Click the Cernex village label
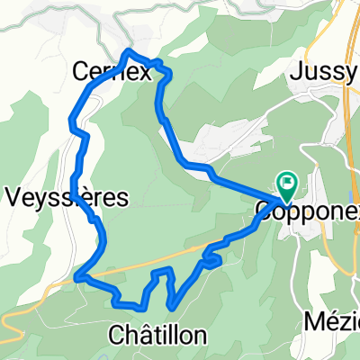click(x=112, y=72)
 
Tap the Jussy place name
click(x=320, y=75)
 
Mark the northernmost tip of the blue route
click(x=130, y=50)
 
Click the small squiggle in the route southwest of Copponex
click(x=211, y=260)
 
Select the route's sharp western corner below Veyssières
click(x=77, y=276)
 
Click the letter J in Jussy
click(x=297, y=75)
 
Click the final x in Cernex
click(x=144, y=73)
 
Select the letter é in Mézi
click(x=329, y=320)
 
